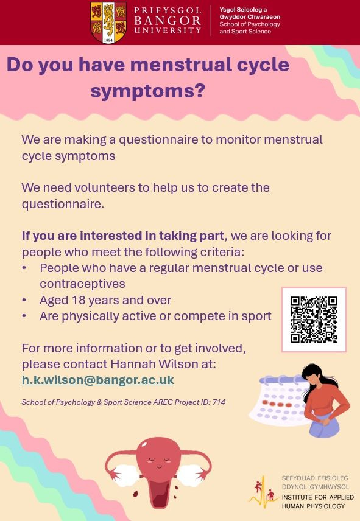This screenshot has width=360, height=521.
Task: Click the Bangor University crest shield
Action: point(108,23)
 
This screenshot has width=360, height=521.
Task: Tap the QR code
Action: point(314,320)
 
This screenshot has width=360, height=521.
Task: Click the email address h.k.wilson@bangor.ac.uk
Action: point(97,380)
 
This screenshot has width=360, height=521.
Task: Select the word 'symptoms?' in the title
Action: point(148,91)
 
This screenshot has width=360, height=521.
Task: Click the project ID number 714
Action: point(219,402)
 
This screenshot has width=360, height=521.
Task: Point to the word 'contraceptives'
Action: point(82,284)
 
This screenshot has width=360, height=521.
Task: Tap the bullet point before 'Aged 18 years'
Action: point(24,301)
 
